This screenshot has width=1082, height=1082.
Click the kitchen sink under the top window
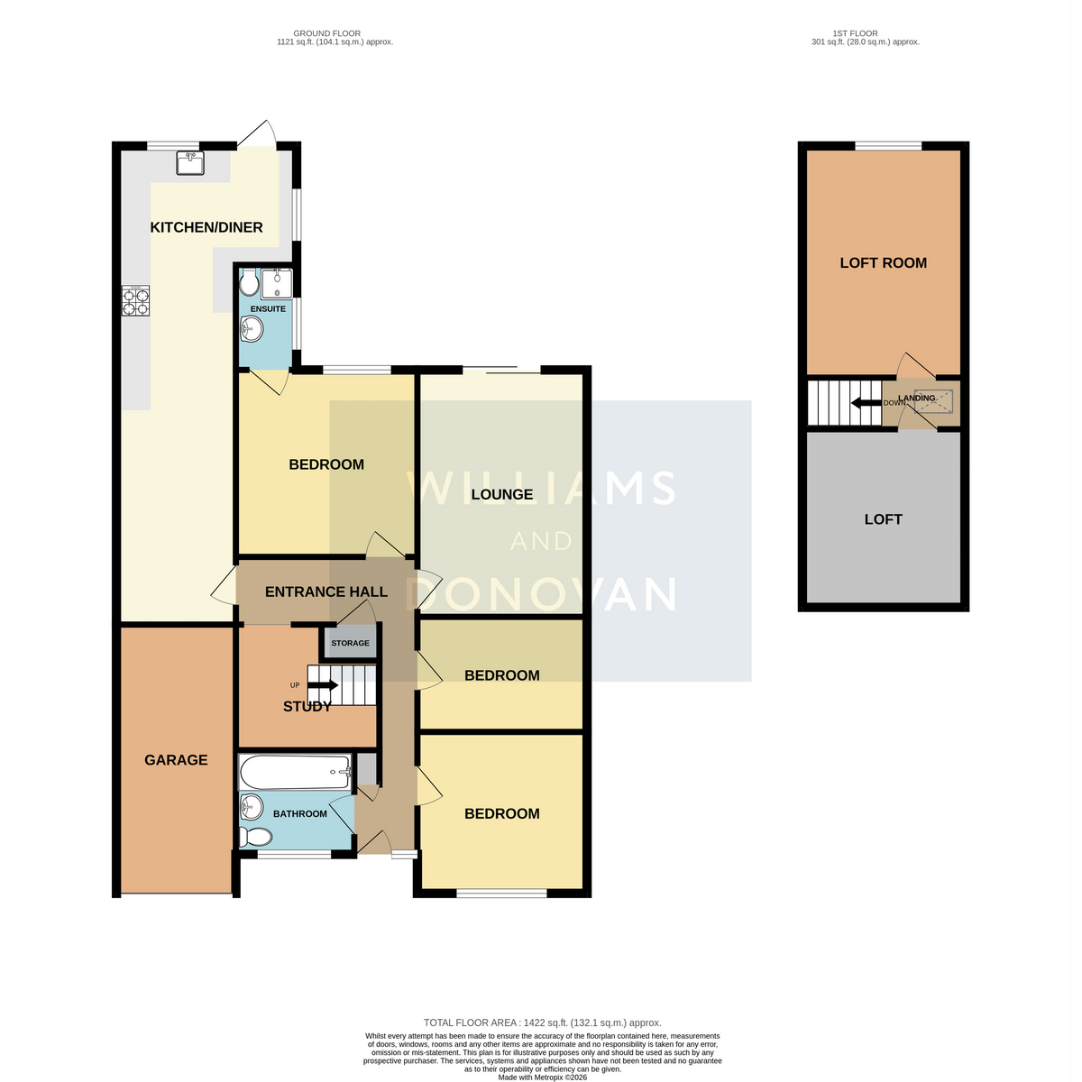point(189,163)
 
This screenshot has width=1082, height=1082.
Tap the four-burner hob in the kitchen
point(135,300)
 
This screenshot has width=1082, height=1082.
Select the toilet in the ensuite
point(247,282)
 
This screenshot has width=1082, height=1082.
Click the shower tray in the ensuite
point(276,284)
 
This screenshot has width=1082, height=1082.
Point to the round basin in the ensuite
point(251,328)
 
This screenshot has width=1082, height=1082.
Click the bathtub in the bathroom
point(296,772)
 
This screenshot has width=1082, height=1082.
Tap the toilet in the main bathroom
point(255,837)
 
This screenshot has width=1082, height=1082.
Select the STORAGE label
point(350,643)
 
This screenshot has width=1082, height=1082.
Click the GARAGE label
point(176,760)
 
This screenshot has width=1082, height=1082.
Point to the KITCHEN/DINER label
point(206,227)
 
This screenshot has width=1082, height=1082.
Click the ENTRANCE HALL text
point(326,591)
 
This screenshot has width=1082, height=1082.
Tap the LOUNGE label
point(502,494)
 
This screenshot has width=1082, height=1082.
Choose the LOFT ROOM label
point(883,262)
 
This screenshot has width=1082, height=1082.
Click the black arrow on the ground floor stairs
point(323,685)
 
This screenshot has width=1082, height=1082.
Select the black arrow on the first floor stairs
point(866,402)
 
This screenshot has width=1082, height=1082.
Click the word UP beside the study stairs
point(295,685)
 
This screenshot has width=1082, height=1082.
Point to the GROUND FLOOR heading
point(326,33)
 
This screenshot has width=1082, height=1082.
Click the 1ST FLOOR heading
point(855,33)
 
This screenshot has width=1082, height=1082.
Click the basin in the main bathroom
point(251,808)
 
